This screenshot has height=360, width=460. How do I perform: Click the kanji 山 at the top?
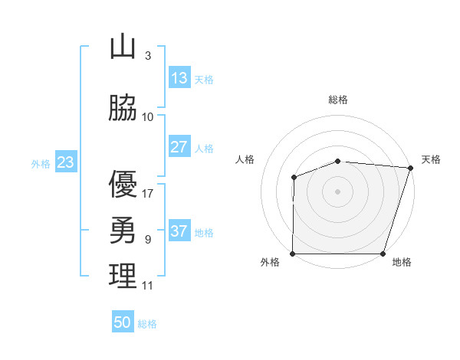pos(123,47)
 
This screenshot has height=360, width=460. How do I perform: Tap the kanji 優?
pos(123,184)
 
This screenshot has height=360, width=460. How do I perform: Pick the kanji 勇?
pos(123,229)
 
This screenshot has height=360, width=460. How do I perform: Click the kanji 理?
pos(123,276)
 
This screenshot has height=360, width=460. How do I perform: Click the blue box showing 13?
pos(179,78)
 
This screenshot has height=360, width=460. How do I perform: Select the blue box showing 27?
pos(179,147)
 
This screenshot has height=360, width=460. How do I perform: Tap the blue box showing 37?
pos(179,231)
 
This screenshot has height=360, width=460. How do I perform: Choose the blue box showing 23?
pos(64,162)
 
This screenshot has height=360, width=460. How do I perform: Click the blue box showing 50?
pos(123,322)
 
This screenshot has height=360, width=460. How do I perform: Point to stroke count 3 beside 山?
pos(147,56)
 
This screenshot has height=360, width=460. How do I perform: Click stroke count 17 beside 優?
pos(148,193)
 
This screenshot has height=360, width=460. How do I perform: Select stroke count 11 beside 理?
pos(148,286)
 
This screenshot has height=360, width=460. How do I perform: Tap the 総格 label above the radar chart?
pos(338,100)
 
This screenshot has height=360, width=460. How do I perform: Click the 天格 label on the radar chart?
pos(431,159)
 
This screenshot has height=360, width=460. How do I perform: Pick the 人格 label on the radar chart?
pos(245,159)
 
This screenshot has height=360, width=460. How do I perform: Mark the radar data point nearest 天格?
pos(411,168)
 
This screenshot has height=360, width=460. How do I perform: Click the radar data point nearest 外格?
pos(293,254)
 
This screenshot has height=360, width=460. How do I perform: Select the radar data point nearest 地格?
pos(383,254)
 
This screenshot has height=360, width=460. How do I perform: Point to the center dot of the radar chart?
pos(338,191)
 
